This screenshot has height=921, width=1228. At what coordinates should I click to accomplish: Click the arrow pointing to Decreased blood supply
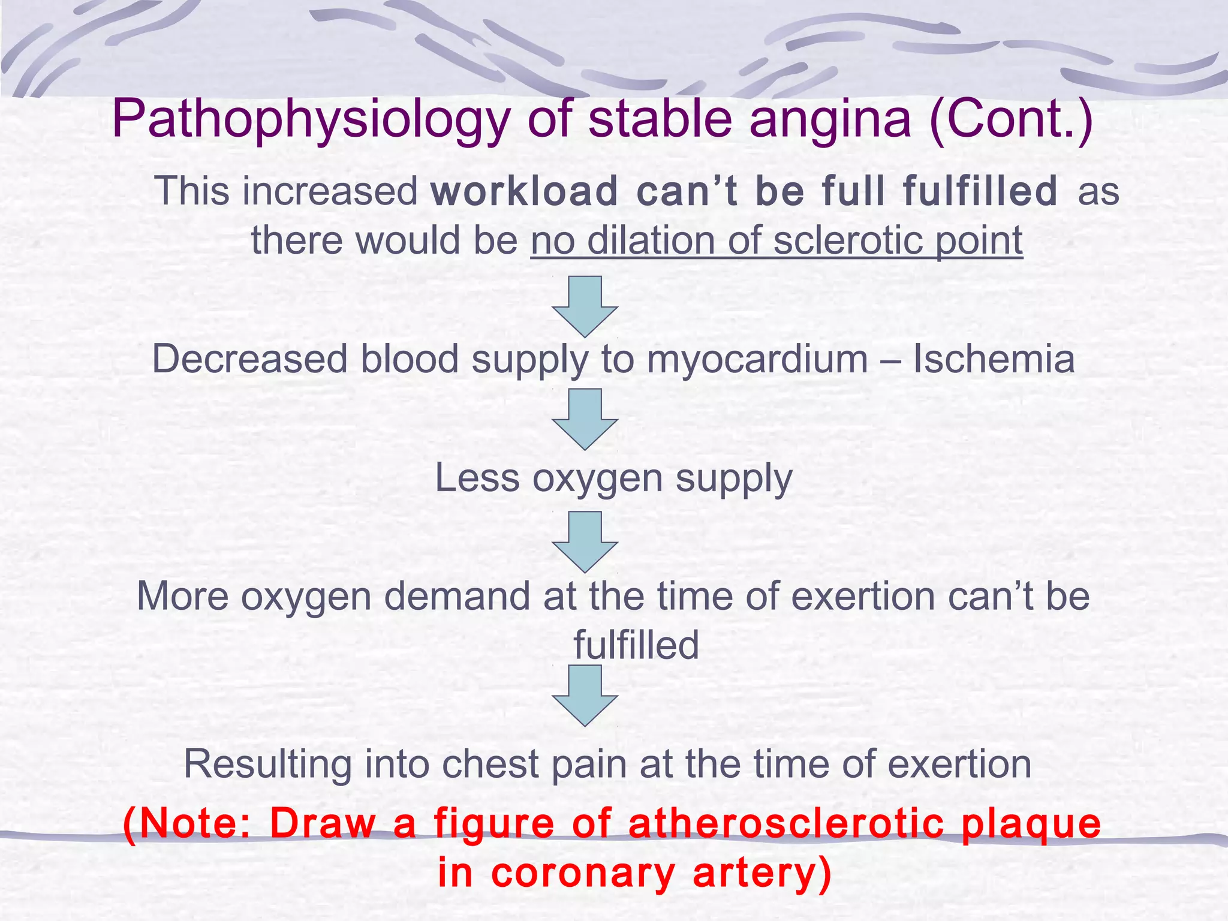pos(585,306)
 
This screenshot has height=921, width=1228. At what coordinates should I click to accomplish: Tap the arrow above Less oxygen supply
pos(585,419)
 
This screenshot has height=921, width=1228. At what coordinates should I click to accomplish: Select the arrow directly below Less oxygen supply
pos(585,541)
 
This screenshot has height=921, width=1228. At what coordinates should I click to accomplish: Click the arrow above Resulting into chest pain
pos(585,696)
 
